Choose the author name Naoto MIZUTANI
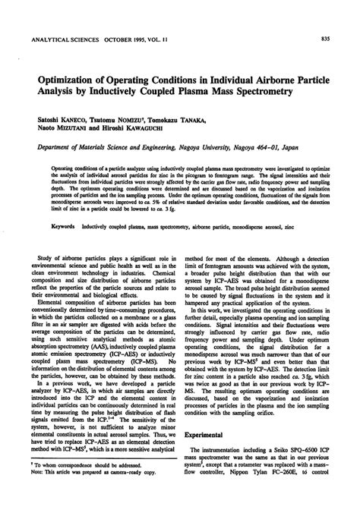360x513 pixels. point(58,131)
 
